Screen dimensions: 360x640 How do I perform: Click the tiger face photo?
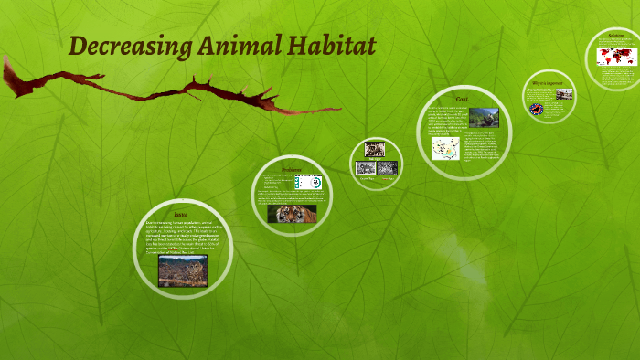(x=292, y=214)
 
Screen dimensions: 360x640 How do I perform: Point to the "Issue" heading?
(x=181, y=214)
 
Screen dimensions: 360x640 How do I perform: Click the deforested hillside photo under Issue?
(x=182, y=270)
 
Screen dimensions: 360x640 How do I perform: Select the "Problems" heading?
(x=291, y=169)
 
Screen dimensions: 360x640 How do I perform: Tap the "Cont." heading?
(x=463, y=98)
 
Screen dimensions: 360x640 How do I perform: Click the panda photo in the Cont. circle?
(x=484, y=118)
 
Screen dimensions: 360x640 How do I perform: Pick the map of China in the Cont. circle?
(x=446, y=148)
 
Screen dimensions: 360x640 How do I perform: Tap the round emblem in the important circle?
(x=537, y=109)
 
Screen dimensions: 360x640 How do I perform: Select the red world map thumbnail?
(x=616, y=56)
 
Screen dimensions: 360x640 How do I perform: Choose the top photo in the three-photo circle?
(x=374, y=149)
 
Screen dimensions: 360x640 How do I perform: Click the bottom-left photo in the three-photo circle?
(x=365, y=168)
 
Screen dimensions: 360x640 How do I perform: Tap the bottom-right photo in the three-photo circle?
(x=387, y=168)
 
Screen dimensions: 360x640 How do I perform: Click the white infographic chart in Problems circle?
(x=309, y=182)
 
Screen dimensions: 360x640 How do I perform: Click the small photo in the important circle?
(x=564, y=94)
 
